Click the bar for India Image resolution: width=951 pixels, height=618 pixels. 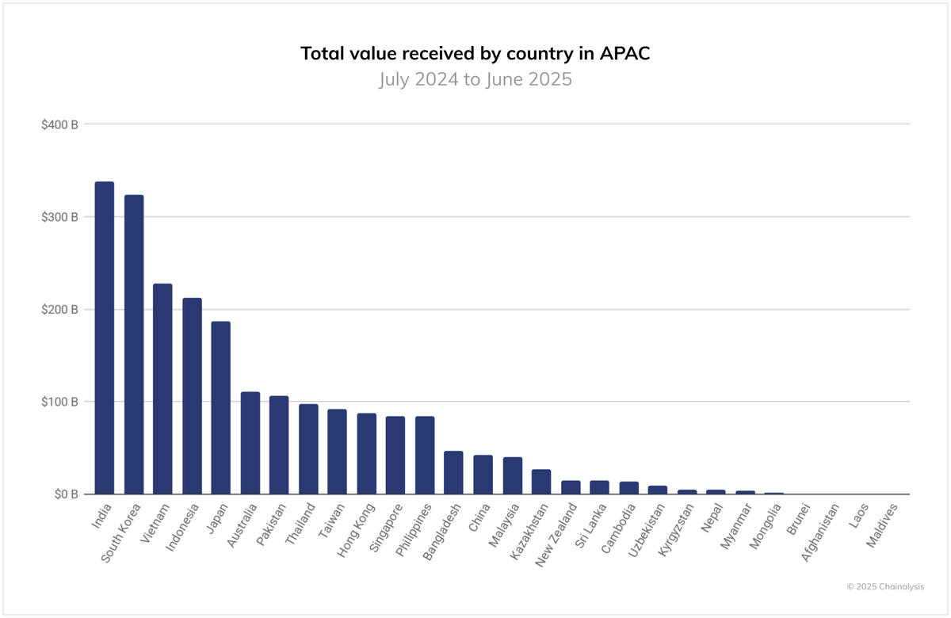[104, 338]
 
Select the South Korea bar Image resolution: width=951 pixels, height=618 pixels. [134, 345]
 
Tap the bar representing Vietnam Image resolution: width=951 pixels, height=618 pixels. [162, 389]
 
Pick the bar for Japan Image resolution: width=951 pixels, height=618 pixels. [220, 408]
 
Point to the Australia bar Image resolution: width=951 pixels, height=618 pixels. [250, 443]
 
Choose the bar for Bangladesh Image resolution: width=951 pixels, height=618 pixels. [453, 473]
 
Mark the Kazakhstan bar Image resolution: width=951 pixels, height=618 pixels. [541, 482]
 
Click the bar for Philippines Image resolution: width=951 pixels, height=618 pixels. [425, 456]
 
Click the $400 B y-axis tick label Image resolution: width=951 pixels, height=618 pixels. [59, 124]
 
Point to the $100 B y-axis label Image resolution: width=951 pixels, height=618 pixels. [59, 402]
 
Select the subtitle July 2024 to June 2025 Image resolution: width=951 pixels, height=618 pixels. [475, 80]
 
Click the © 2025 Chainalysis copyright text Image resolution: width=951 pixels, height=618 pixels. [884, 586]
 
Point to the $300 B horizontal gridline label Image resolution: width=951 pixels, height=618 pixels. [59, 217]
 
